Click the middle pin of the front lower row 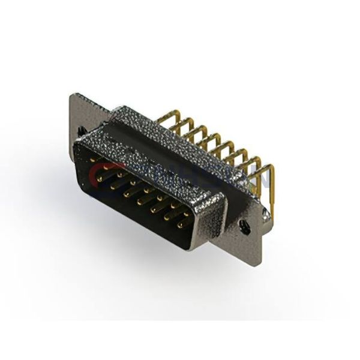pos(139,200)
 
